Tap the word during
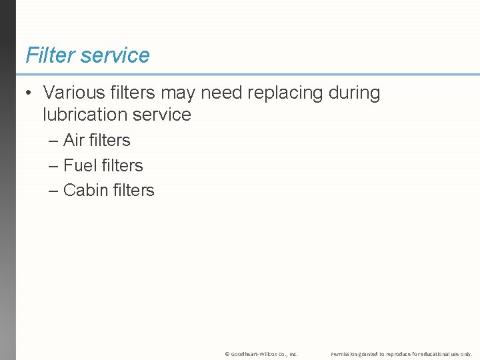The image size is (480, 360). click(354, 93)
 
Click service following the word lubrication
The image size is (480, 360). click(162, 115)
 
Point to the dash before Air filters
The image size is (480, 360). click(54, 141)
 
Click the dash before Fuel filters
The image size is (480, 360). click(54, 166)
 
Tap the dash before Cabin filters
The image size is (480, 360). click(54, 191)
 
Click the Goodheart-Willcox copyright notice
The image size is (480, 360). click(261, 353)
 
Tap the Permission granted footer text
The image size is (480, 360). click(401, 353)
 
